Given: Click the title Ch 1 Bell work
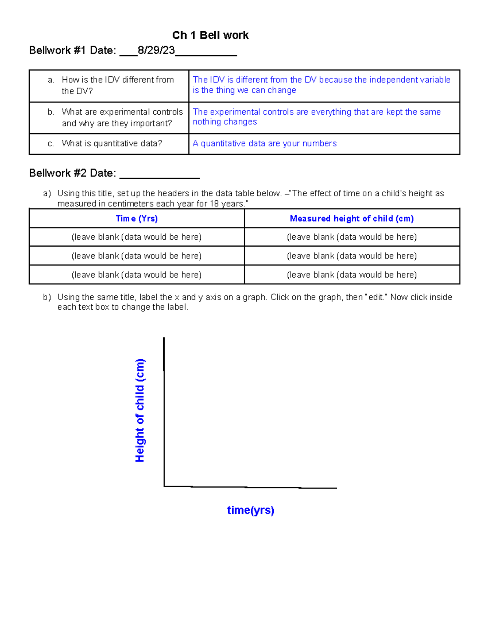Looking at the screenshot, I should [210, 35].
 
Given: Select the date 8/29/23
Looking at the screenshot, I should [156, 50].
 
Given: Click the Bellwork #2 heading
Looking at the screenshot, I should [72, 173].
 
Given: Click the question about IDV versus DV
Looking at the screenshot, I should [118, 85].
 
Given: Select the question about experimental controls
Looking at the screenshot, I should [122, 117].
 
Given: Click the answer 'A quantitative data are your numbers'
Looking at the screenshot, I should [264, 143].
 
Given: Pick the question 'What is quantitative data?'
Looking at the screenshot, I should [112, 143].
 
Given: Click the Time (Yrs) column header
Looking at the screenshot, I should [137, 219].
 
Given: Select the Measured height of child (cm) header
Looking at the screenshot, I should [352, 219].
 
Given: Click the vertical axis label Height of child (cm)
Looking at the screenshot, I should [139, 410].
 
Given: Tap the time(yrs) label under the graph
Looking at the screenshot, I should [251, 510].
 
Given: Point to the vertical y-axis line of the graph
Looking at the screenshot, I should [164, 410].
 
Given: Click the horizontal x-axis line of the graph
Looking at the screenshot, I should [250, 487].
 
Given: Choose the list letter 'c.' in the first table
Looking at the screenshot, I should [51, 143].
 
